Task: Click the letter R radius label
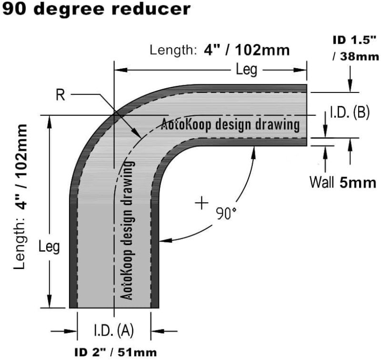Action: pos(60,95)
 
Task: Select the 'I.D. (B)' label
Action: pos(350,113)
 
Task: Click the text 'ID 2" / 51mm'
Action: pos(114,353)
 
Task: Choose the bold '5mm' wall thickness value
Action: pos(358,182)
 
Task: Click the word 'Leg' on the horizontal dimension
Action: pos(247,70)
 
